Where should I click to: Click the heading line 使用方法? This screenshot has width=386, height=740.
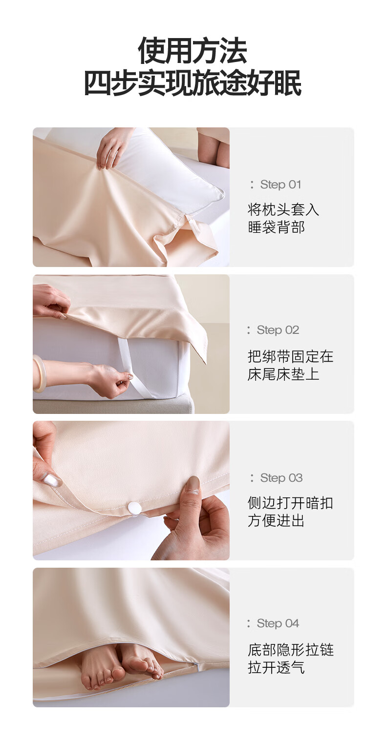[193, 51]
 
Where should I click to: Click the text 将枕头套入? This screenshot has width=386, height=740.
[283, 209]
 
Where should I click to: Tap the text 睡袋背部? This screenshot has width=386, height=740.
[276, 227]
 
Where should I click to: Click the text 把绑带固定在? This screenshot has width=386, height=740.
[290, 356]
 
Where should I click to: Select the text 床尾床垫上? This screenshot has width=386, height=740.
[283, 374]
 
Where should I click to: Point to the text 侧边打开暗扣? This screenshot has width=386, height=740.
[290, 503]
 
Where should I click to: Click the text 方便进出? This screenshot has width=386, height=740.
[276, 521]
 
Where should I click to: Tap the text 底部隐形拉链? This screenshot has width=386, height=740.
[290, 650]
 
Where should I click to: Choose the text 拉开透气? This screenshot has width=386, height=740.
[276, 668]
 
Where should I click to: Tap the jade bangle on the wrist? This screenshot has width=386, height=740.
[38, 373]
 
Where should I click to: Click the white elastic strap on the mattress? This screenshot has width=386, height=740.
[128, 367]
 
